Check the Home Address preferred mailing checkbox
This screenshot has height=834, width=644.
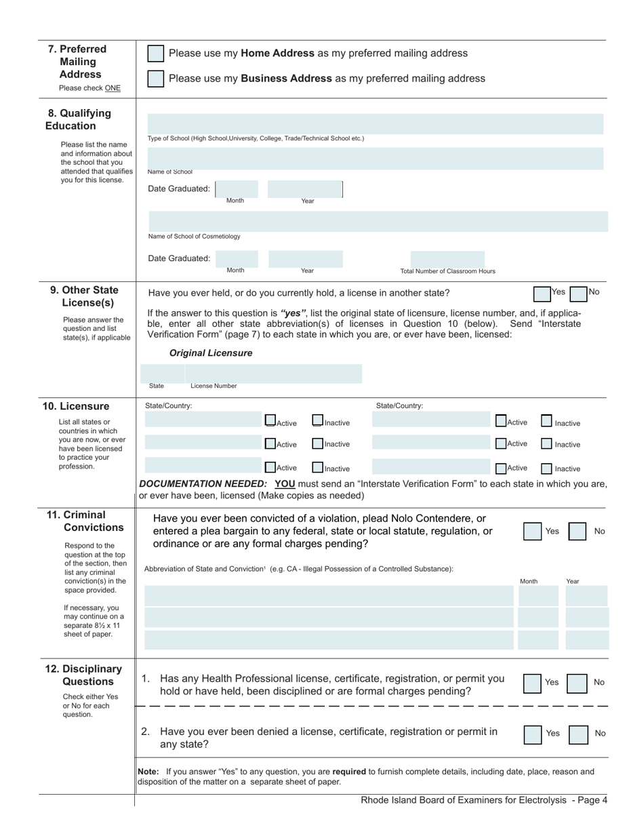pos(155,54)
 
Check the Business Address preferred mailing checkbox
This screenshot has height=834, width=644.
pos(155,79)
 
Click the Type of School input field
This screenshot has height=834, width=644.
pos(375,124)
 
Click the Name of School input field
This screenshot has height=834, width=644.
pos(375,158)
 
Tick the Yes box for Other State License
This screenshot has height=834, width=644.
pos(542,294)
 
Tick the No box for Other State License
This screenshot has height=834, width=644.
pos(578,294)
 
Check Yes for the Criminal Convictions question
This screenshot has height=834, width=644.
pos(532,531)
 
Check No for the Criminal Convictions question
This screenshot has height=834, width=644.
pos(577,531)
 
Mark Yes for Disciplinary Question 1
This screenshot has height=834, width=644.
pos(532,683)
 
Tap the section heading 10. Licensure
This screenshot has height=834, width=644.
pos(76,406)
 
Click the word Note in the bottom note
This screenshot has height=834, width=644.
pos(148,772)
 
